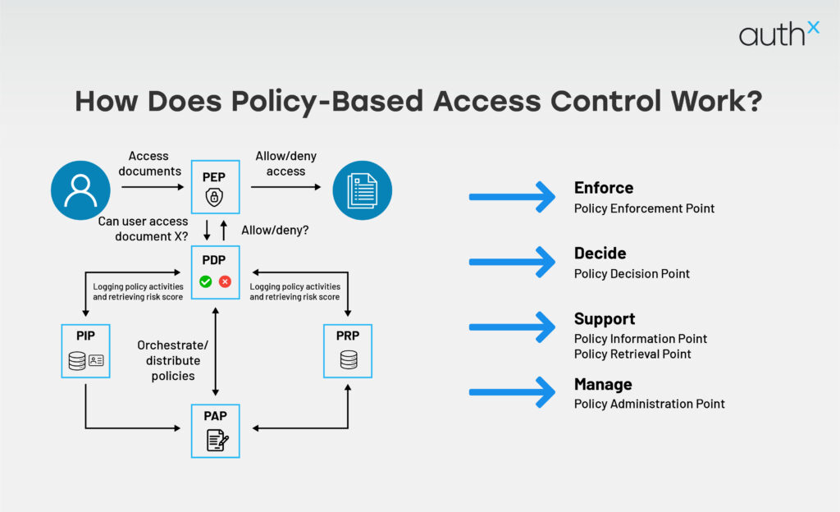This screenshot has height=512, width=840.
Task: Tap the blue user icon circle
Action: [x=80, y=190]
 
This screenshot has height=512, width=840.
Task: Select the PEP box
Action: [x=216, y=186]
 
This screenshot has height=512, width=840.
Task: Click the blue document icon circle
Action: [x=362, y=190]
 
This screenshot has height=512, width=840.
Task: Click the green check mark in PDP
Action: [x=206, y=281]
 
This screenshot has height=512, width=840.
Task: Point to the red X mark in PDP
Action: [x=225, y=281]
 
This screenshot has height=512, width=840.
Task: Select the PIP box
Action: [x=85, y=350]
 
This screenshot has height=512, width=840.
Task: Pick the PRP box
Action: [x=348, y=350]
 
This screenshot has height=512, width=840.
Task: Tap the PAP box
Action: [x=216, y=430]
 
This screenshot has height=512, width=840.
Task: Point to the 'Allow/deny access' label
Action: [x=285, y=163]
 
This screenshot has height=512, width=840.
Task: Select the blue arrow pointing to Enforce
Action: [x=512, y=197]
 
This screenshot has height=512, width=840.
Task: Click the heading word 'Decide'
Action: [x=600, y=254]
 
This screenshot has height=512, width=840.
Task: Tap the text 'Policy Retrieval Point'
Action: [x=632, y=354]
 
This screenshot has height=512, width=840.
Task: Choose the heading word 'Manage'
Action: [x=603, y=384]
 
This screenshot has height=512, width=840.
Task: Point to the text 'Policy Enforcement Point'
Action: [x=644, y=208]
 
